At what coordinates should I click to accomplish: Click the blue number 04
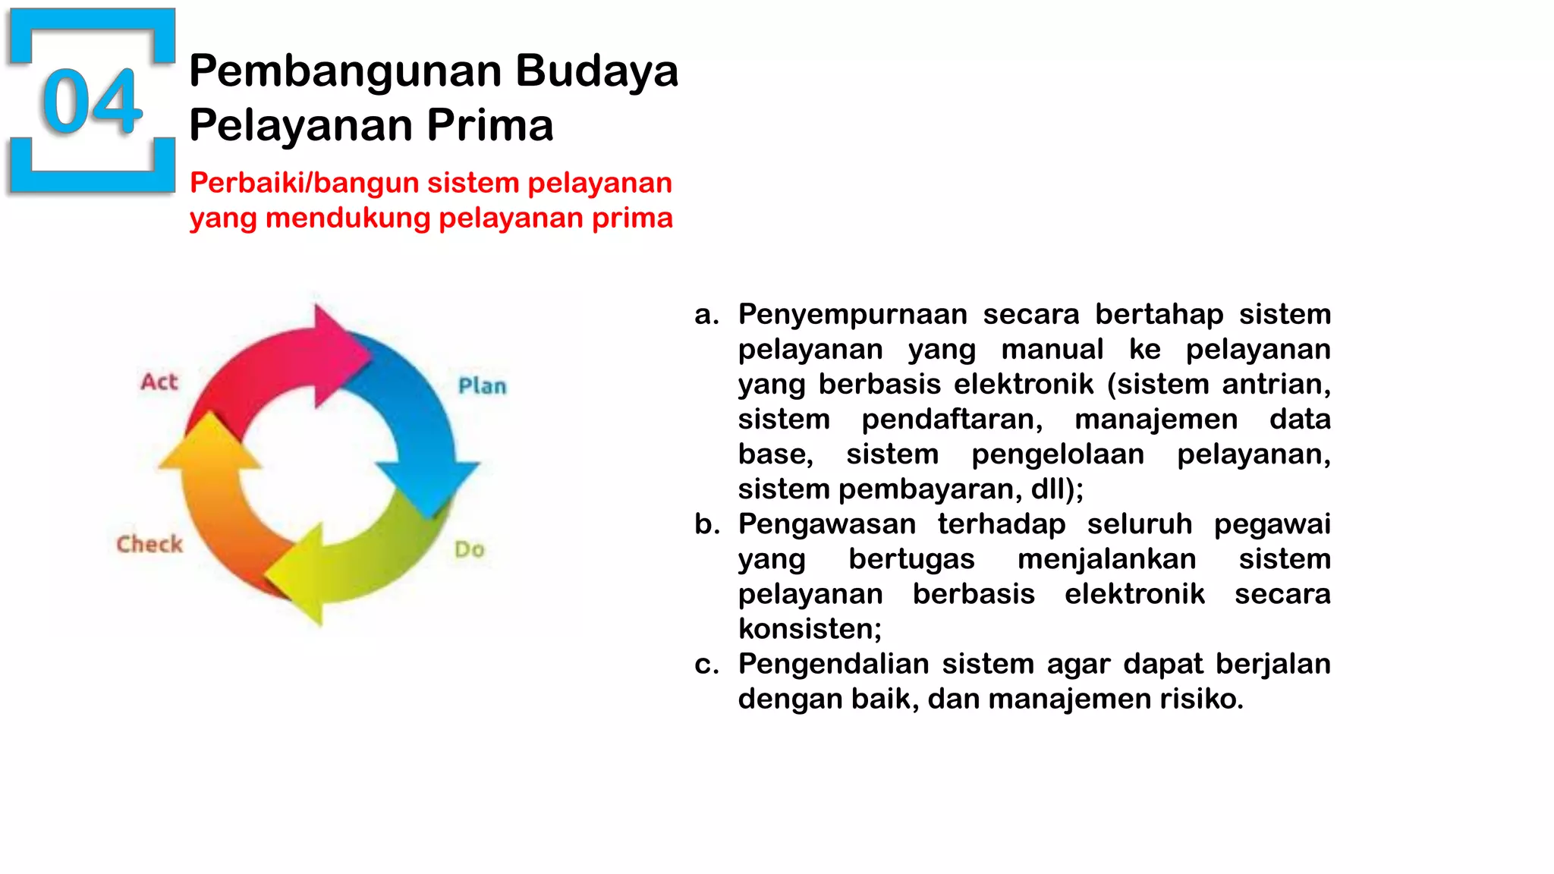click(x=93, y=101)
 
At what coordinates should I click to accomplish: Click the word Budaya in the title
click(x=596, y=71)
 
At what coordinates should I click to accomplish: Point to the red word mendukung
click(x=348, y=218)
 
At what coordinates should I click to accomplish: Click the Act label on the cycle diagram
click(x=159, y=382)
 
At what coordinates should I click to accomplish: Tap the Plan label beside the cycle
click(x=482, y=386)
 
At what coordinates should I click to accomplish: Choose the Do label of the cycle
click(x=469, y=549)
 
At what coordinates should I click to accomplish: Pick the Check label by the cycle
click(x=149, y=544)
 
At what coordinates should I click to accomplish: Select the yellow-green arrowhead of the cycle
click(x=300, y=577)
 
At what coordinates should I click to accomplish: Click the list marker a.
click(x=706, y=315)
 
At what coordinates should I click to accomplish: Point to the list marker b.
click(x=706, y=524)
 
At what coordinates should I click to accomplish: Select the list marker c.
click(x=706, y=665)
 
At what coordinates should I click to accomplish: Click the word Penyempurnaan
click(x=852, y=315)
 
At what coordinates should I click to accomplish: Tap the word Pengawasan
click(x=826, y=524)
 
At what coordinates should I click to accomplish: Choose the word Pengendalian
click(x=832, y=665)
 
